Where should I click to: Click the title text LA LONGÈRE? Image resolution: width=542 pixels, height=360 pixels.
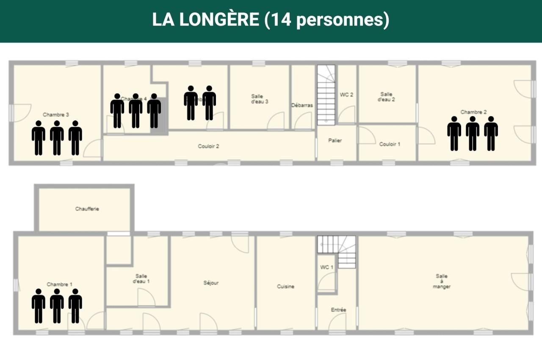(205, 20)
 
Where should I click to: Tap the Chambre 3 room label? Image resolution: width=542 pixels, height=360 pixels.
(56, 115)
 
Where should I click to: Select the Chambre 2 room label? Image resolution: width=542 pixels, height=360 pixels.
(473, 112)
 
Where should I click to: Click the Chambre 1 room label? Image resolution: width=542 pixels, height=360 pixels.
(60, 284)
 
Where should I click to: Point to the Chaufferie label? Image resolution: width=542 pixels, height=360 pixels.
(87, 209)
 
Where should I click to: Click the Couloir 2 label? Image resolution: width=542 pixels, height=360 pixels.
(208, 147)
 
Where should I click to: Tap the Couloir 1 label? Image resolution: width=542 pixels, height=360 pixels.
(390, 144)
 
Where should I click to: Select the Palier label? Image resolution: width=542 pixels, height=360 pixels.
(335, 141)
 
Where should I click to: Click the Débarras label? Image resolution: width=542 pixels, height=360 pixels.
(302, 105)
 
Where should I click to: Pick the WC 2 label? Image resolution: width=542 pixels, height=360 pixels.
(346, 95)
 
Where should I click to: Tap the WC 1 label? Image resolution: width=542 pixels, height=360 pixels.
(327, 267)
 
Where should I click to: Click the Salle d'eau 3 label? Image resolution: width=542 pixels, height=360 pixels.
(260, 99)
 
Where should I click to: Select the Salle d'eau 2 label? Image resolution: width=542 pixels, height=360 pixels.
(387, 97)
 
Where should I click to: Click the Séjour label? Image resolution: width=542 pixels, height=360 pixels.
(211, 283)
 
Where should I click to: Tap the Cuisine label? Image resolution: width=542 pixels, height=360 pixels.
(286, 287)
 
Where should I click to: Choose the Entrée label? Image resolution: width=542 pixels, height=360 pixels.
(338, 310)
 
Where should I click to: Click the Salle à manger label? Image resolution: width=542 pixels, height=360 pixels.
(442, 281)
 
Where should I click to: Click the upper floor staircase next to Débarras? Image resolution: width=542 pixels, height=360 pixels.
(326, 95)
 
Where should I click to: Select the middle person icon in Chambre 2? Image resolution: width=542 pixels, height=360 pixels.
(473, 133)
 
